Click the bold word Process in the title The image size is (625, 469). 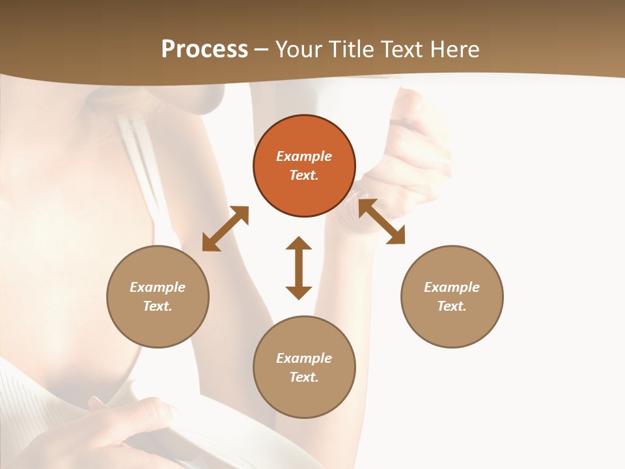[x=204, y=50]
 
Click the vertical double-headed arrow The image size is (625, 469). [x=299, y=268]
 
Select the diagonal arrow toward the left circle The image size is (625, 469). [x=225, y=229]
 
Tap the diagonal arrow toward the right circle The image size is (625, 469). [x=382, y=222]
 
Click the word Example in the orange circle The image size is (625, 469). [x=304, y=156]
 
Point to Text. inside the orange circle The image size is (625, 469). [x=304, y=175]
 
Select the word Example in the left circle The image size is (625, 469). [x=158, y=287]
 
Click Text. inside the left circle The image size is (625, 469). [x=158, y=306]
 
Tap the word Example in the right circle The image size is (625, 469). [x=452, y=287]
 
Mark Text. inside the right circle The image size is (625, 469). [x=452, y=306]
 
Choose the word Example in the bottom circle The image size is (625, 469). [x=304, y=358]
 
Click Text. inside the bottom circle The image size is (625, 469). [x=304, y=377]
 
